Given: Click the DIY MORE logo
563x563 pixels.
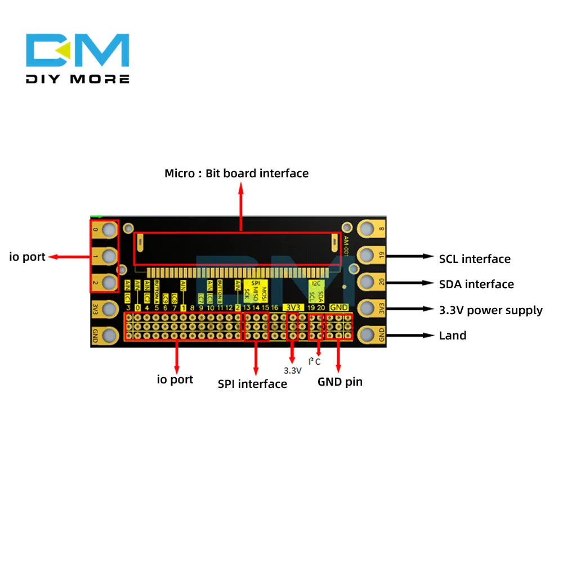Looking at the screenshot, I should [78, 59].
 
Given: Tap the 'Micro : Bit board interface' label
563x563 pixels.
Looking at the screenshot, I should [236, 173].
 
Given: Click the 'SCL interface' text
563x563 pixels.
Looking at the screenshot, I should [475, 259].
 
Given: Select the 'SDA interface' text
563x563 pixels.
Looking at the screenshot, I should [476, 284].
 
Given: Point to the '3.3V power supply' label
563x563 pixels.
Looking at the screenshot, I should [490, 310].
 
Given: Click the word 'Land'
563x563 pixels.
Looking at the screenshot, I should [453, 336].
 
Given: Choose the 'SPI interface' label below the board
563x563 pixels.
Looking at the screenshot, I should [252, 384].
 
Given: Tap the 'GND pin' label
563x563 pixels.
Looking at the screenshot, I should [340, 382].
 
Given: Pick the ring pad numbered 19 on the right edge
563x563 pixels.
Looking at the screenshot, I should [367, 255].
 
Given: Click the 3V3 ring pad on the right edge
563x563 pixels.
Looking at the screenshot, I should [367, 309].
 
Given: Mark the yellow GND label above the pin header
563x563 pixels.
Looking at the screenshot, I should [339, 307].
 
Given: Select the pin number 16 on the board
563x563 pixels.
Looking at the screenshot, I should [274, 307].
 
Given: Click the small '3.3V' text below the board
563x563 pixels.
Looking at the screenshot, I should [292, 370].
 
